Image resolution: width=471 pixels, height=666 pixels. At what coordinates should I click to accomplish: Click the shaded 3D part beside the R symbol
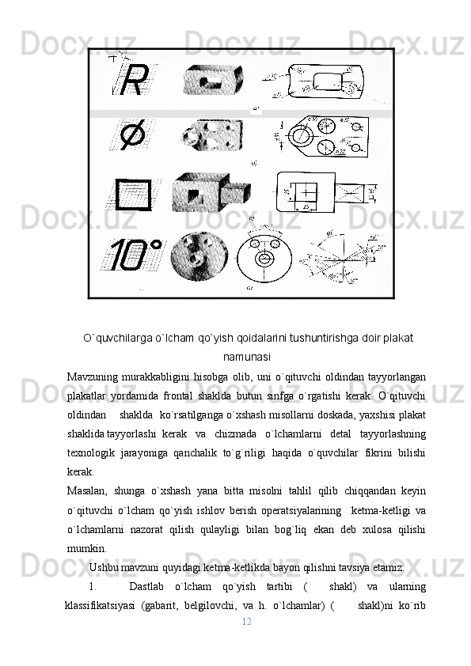pyautogui.click(x=211, y=81)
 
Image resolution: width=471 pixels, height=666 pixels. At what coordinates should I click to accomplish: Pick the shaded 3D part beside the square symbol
pyautogui.click(x=210, y=191)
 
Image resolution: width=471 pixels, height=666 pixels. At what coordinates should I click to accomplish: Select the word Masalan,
pyautogui.click(x=87, y=491)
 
